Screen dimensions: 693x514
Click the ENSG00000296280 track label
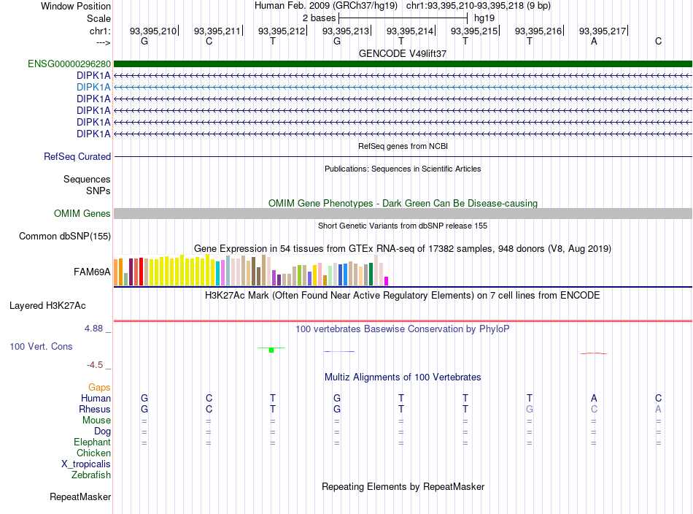coord(69,64)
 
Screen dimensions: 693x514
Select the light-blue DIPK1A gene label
coord(93,87)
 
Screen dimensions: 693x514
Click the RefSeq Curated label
coord(77,156)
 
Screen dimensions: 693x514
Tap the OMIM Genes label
coord(82,214)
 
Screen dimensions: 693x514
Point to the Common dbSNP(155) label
coord(65,237)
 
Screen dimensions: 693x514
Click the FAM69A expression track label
coord(92,272)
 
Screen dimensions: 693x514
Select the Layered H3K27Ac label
coord(47,306)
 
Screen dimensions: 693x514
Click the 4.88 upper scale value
coord(93,329)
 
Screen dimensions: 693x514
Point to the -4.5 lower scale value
coord(95,365)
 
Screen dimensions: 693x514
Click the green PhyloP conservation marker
coord(271,350)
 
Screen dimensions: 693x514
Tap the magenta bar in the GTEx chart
coord(387,281)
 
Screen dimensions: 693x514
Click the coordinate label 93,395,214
coord(410,31)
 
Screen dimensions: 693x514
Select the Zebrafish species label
coord(91,475)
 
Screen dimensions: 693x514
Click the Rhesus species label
coord(95,409)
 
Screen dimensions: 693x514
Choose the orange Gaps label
coord(99,388)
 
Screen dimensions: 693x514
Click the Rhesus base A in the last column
coord(658,409)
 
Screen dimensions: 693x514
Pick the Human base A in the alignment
coord(594,398)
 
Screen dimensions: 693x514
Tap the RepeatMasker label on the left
coord(80,497)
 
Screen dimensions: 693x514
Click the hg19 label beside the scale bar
coord(484,18)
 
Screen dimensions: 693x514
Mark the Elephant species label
coord(93,442)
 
